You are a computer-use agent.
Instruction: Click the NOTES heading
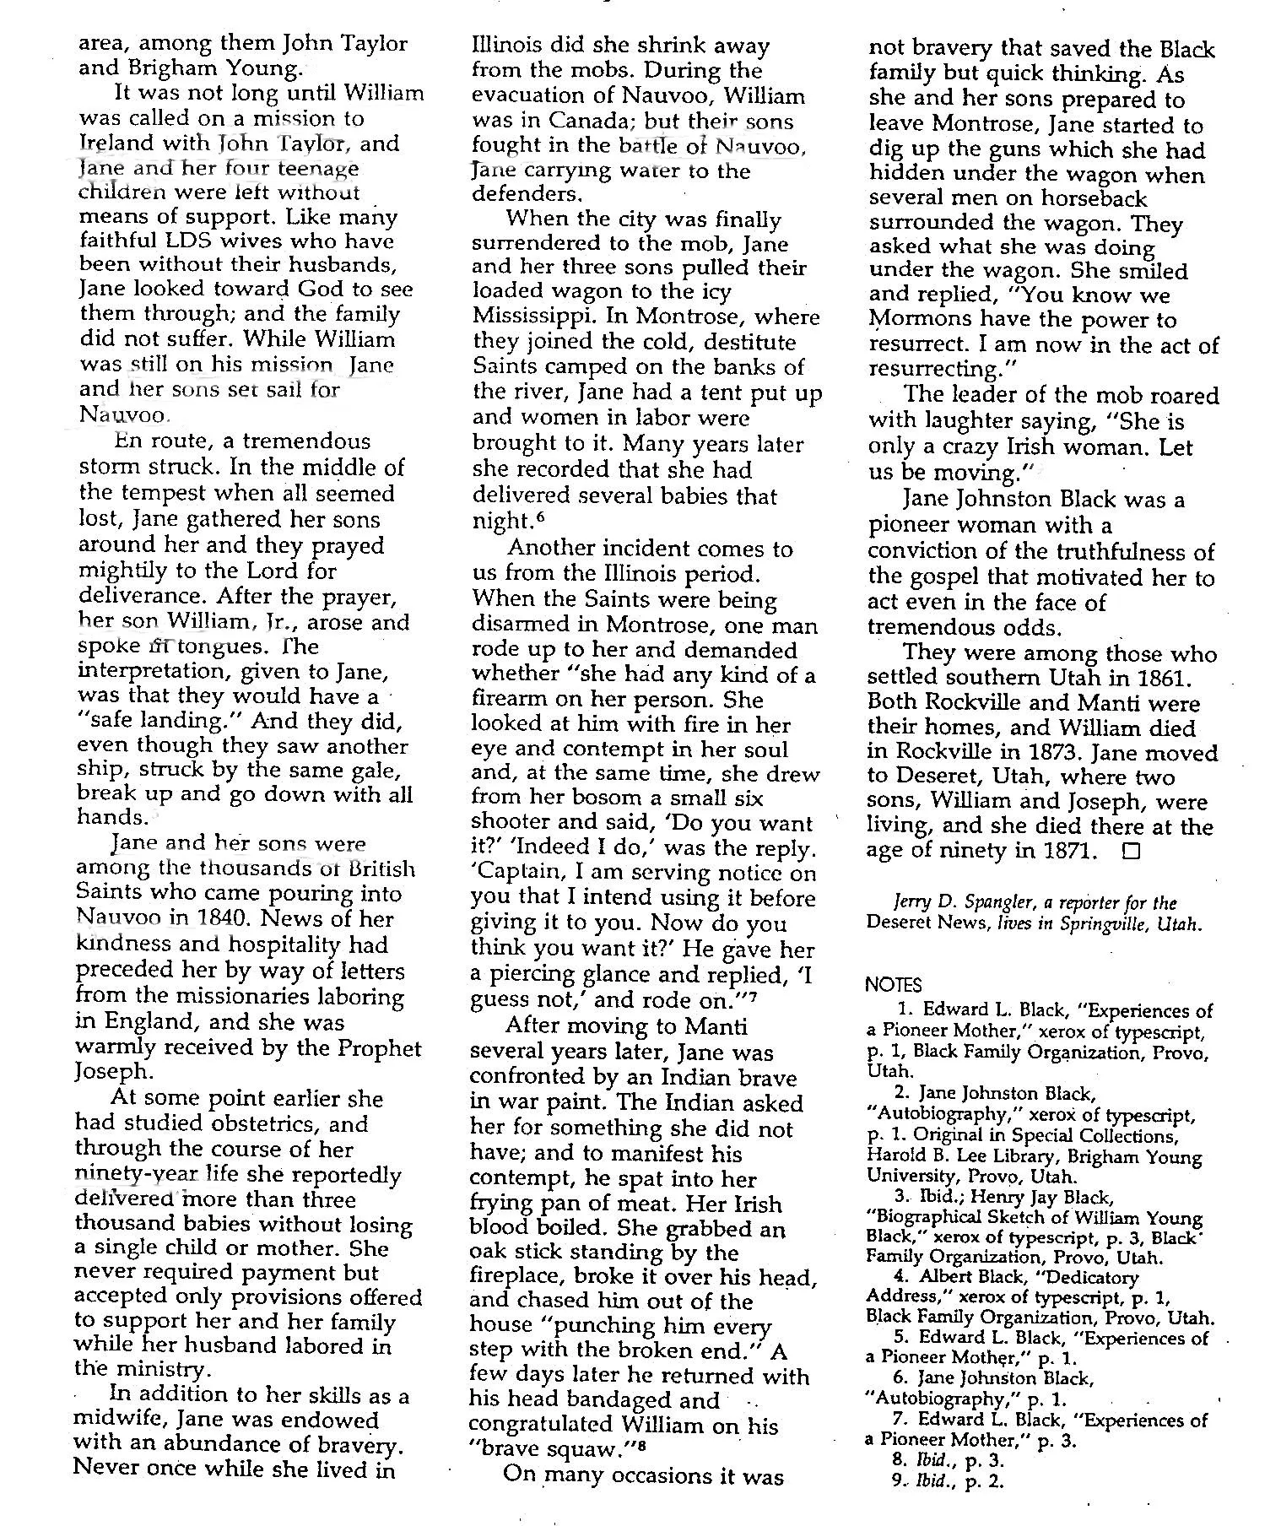(894, 984)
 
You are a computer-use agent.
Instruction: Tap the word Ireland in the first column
(113, 143)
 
